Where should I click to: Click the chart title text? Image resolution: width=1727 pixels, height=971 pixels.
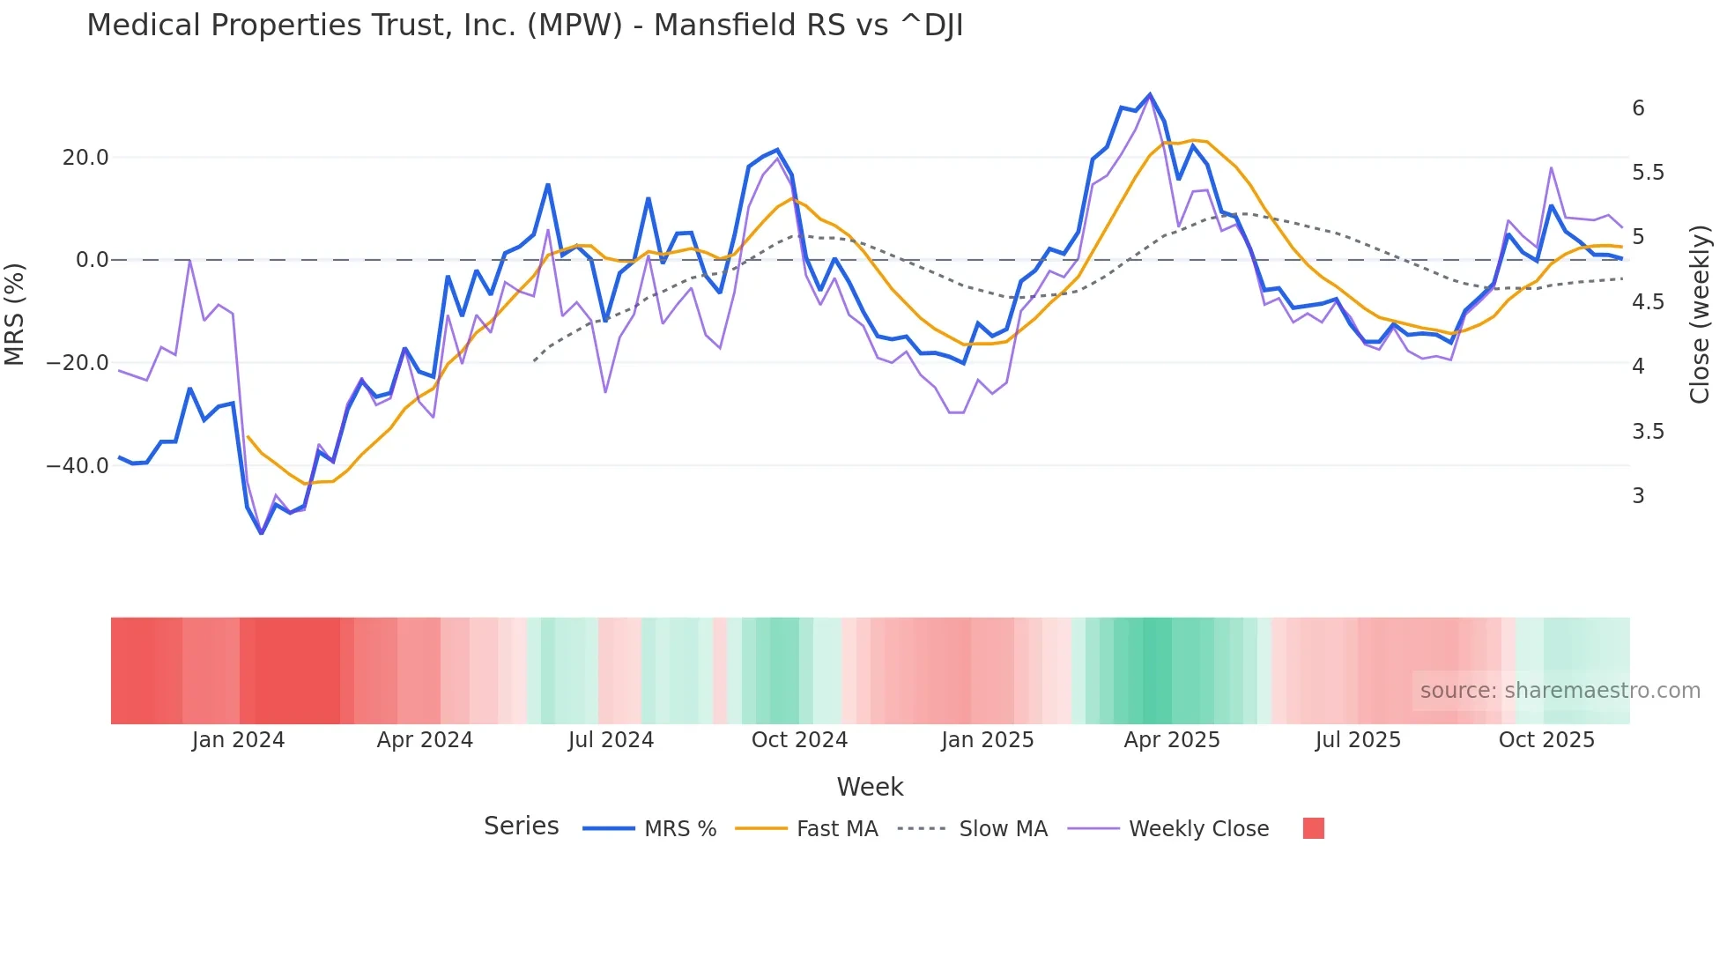tap(524, 26)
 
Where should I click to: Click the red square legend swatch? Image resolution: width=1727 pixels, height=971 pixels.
tap(1313, 828)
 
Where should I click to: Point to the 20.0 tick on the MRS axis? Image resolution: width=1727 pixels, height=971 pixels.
tap(85, 158)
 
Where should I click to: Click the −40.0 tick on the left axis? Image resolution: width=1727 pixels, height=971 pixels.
tap(78, 466)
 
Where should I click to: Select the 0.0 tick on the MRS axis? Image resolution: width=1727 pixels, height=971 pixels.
tap(92, 260)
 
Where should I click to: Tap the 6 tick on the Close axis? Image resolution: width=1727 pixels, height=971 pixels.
tap(1638, 108)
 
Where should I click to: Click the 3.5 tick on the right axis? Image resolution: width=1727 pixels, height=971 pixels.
tap(1648, 432)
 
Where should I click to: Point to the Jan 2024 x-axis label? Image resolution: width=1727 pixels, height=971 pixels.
tap(238, 740)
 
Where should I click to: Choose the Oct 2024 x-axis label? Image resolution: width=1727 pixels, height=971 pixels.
tap(799, 740)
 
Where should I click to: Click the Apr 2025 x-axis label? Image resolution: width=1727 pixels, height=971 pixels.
tap(1172, 740)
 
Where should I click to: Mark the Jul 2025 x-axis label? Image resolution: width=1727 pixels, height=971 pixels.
tap(1358, 740)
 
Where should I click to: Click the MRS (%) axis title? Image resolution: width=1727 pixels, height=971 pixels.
tap(15, 314)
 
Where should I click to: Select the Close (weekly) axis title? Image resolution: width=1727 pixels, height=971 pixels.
tap(1700, 314)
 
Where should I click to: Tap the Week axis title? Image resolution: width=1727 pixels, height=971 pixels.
tap(870, 787)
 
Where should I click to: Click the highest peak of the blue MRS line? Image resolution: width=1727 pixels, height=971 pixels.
tap(1150, 94)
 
